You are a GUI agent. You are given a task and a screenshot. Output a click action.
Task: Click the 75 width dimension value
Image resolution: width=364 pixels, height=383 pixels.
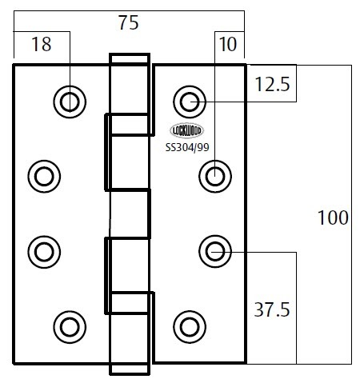(x=129, y=22)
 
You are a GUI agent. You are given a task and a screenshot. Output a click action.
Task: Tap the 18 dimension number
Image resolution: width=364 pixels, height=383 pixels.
(x=42, y=44)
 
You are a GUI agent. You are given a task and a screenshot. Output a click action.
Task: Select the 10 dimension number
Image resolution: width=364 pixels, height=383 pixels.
(x=228, y=44)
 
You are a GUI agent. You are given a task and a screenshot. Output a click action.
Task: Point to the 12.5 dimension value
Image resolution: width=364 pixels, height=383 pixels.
(x=272, y=84)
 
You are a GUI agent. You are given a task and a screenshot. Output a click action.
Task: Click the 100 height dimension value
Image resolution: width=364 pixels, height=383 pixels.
(x=333, y=217)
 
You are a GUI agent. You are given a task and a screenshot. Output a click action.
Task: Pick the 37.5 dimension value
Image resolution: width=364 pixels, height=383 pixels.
(x=272, y=309)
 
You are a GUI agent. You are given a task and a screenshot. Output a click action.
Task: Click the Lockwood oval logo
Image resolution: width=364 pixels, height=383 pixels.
(x=187, y=130)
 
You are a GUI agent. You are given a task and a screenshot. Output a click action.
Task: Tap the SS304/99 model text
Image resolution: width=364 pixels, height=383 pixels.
(x=187, y=147)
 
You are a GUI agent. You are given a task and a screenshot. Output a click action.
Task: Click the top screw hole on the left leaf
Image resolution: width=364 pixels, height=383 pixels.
(x=70, y=102)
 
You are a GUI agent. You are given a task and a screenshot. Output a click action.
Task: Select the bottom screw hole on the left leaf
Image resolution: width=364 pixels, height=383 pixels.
(x=70, y=327)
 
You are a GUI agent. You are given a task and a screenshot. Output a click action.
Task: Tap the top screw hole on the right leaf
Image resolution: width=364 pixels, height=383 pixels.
(x=190, y=102)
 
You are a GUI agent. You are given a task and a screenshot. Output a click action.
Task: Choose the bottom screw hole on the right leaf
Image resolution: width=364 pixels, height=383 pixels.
(x=190, y=327)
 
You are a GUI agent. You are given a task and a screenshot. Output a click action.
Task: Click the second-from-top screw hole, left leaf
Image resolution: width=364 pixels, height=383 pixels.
(x=44, y=177)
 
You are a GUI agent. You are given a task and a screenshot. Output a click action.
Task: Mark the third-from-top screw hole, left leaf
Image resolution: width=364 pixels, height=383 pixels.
(x=44, y=252)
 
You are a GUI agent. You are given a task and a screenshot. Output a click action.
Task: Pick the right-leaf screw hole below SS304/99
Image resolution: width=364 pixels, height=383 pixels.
(x=215, y=177)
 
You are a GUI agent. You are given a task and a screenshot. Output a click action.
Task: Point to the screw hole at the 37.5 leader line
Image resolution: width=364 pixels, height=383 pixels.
(x=215, y=252)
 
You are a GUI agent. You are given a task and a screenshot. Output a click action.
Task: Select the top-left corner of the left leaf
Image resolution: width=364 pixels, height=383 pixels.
(x=14, y=65)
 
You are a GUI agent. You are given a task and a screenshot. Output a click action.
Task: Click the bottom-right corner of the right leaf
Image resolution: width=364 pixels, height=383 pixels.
(x=246, y=362)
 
